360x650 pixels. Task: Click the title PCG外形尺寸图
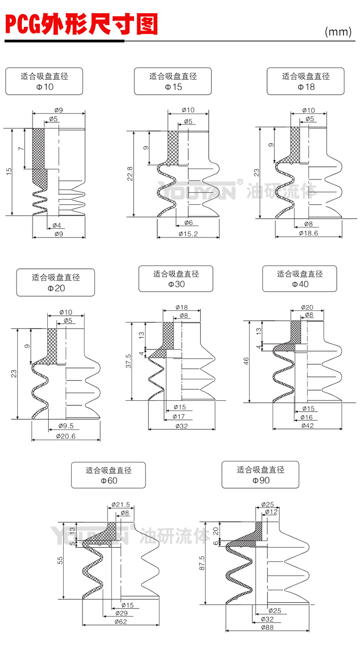81,24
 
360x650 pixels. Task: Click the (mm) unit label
338,32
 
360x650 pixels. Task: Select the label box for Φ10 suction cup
44,81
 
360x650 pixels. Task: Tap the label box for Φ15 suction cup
173,81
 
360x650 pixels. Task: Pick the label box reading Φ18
305,81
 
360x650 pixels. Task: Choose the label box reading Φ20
56,283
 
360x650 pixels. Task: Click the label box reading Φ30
176,279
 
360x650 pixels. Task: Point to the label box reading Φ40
299,279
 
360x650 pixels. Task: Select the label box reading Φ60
108,475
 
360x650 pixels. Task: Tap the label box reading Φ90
261,475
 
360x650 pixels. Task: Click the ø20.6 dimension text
66,436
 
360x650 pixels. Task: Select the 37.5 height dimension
129,361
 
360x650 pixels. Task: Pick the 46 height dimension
247,361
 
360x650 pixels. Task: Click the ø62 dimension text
121,622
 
